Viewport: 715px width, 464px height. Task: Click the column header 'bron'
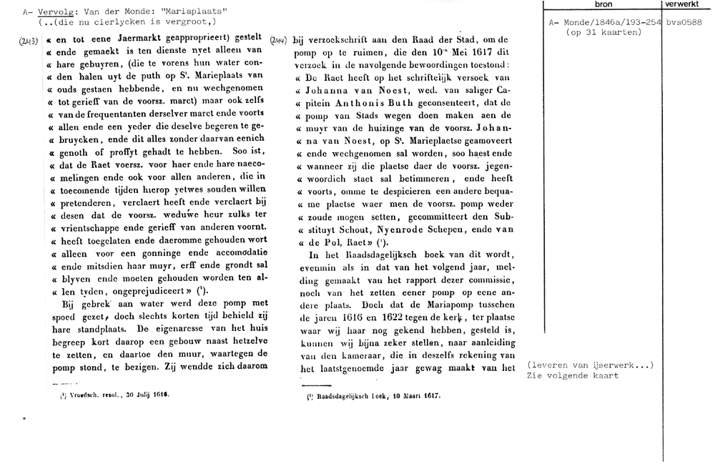[603, 4]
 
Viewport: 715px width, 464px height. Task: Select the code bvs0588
[684, 23]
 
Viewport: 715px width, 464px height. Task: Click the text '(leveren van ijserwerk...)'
[590, 365]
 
